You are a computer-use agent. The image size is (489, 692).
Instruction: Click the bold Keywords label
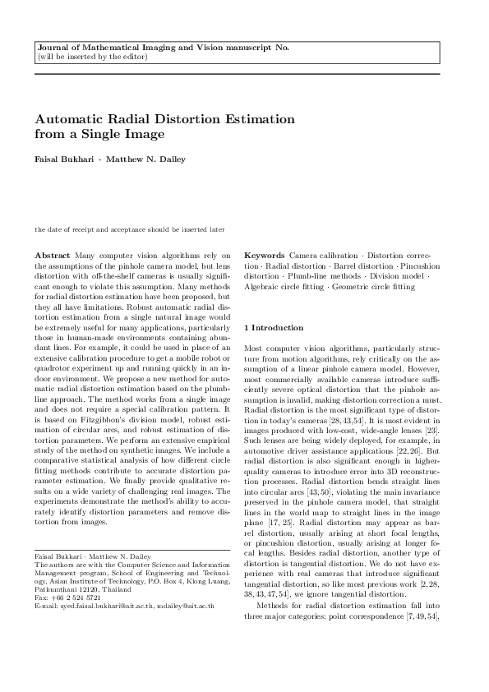click(x=264, y=256)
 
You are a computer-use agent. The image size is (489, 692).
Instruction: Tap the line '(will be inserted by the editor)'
click(x=93, y=58)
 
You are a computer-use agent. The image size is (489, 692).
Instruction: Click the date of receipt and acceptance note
click(x=129, y=229)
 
